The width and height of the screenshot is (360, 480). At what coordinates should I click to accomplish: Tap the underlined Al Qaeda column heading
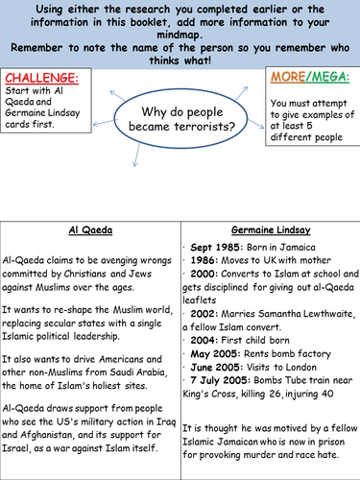[90, 230]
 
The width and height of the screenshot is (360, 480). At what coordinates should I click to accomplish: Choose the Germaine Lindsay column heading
[270, 230]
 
